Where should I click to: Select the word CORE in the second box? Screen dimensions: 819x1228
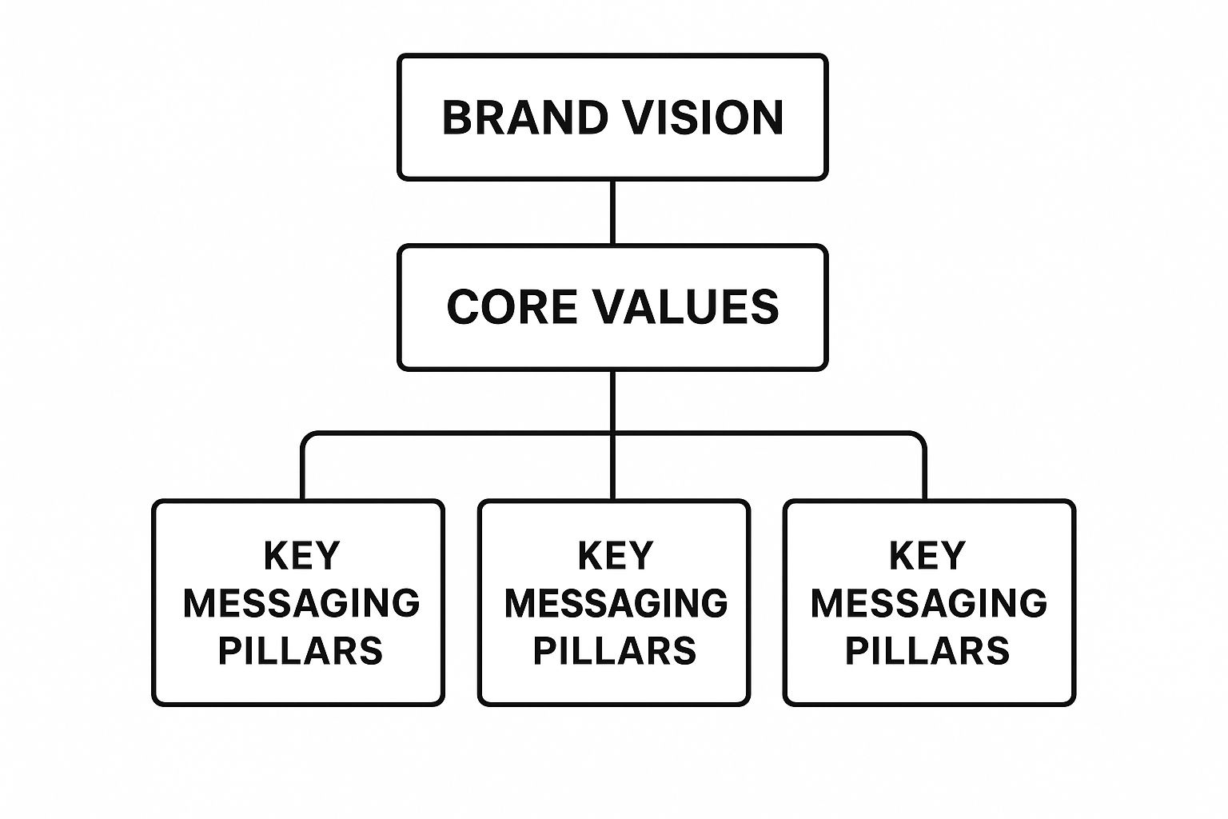coord(511,307)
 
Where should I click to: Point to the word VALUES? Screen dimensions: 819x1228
coord(685,307)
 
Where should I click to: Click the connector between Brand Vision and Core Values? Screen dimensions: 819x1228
coord(612,212)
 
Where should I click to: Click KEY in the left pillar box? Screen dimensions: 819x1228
coord(301,555)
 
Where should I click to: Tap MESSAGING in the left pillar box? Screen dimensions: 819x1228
coord(301,602)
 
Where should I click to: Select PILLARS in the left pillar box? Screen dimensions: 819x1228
coord(301,650)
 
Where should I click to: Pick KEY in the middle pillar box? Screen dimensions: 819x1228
coord(615,555)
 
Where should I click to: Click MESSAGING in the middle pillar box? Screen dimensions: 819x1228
coord(616,602)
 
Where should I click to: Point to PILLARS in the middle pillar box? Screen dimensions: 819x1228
coord(615,650)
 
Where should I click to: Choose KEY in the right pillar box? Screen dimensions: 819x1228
coord(928,555)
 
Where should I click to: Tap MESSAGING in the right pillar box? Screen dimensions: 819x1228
coord(929,602)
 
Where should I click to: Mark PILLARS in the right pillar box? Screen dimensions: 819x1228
coord(927,650)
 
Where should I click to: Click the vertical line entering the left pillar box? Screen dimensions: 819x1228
coord(303,476)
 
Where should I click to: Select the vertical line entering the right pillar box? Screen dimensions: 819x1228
coord(924,476)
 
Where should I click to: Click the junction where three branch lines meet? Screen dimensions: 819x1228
coord(612,434)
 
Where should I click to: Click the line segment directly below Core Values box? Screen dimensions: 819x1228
coord(612,400)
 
